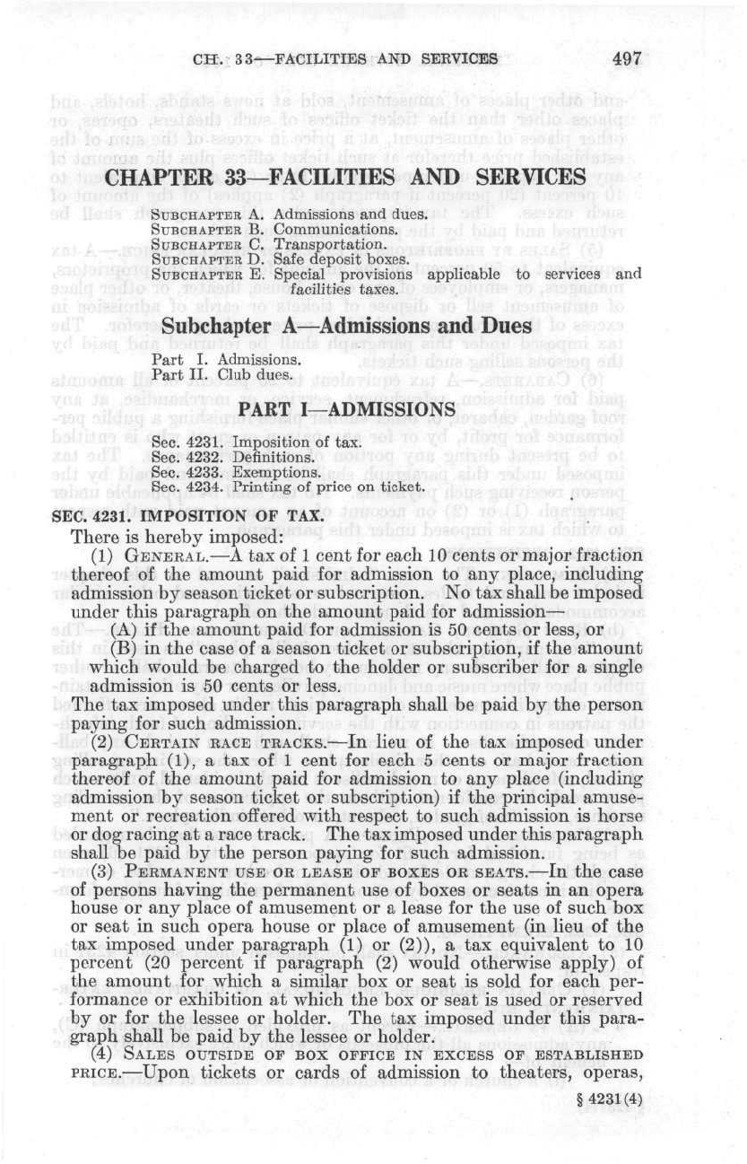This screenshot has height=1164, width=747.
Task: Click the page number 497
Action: coord(628,59)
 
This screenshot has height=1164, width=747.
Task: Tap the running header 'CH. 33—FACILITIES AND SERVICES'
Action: coord(345,60)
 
